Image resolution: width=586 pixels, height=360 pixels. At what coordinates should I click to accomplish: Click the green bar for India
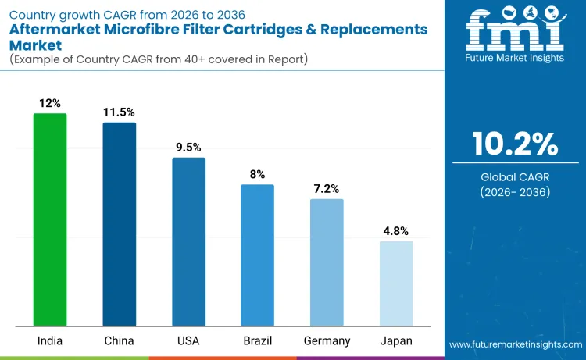(x=50, y=219)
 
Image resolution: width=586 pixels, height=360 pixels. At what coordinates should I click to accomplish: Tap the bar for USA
(x=188, y=241)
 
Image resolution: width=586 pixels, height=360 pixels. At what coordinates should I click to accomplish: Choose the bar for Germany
(x=327, y=262)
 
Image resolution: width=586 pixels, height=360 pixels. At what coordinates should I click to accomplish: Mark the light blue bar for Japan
(x=396, y=283)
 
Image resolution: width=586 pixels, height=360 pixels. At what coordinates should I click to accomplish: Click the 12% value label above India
(x=50, y=103)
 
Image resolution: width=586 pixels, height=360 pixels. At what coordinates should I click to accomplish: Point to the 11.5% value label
(x=120, y=112)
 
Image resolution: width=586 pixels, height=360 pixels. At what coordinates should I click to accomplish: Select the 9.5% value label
(x=188, y=148)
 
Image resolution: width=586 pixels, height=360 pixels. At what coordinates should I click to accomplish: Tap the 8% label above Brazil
(x=257, y=174)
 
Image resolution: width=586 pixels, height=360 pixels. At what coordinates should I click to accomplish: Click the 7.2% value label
(x=327, y=189)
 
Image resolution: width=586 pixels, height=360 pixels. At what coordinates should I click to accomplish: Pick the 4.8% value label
(x=396, y=231)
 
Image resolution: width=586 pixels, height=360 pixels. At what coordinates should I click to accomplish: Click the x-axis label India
(x=50, y=341)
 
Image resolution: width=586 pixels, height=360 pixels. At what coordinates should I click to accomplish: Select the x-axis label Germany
(x=327, y=341)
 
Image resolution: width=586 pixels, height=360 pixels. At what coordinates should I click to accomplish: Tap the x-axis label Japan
(x=396, y=341)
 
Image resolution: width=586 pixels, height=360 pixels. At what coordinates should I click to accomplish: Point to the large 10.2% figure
(x=515, y=144)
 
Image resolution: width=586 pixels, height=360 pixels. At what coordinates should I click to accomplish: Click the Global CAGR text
(x=515, y=177)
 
